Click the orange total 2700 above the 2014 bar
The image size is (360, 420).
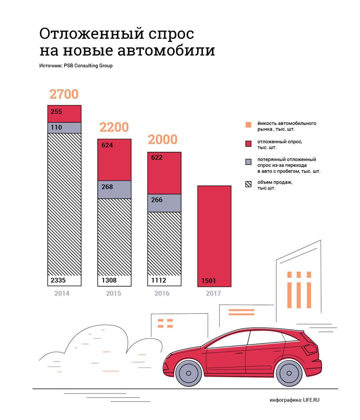64,94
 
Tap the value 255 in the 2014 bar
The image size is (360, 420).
56,112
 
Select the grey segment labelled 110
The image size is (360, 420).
64,128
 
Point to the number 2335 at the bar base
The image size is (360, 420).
58,280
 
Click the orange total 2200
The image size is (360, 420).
114,127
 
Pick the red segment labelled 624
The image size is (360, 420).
114,159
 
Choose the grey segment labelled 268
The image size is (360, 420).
114,190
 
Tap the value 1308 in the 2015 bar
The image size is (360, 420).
109,280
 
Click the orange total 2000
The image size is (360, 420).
163,140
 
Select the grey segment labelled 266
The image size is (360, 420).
164,203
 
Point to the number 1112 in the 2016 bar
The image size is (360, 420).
159,280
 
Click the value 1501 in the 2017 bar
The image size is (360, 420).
209,281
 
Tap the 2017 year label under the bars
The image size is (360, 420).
213,293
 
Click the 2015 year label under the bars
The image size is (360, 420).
114,293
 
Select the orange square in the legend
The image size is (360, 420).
248,125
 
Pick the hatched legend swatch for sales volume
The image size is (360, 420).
248,184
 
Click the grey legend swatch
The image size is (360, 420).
248,162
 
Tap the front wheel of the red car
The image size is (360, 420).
188,373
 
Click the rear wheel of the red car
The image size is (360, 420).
289,373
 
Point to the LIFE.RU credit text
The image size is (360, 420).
311,400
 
